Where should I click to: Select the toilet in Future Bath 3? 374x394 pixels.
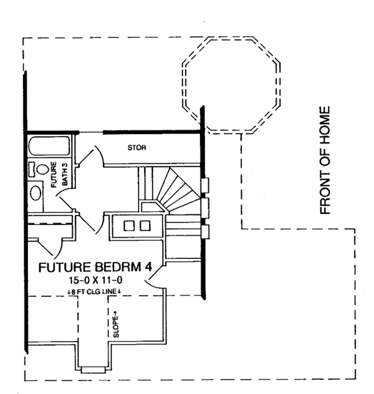(x=42, y=170)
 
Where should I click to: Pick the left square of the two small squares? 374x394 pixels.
(x=131, y=225)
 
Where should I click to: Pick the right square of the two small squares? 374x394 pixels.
(x=146, y=225)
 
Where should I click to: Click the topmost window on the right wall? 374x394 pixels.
(x=205, y=185)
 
